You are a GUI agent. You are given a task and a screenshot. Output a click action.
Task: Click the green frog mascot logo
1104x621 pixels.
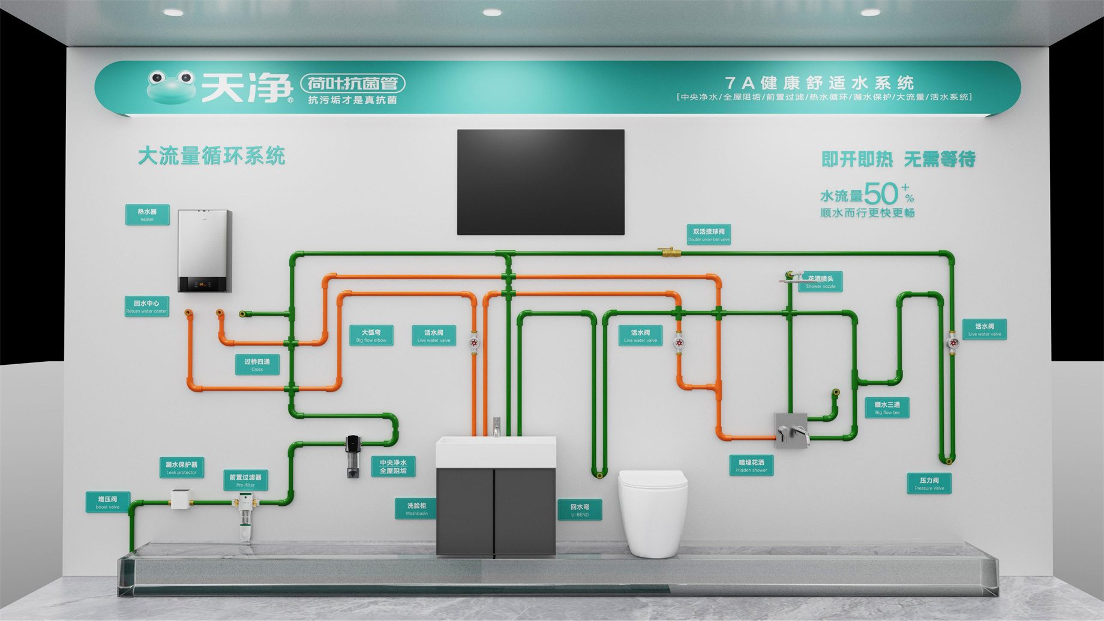click(171, 87)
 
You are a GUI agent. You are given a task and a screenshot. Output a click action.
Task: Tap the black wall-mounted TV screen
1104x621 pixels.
click(541, 182)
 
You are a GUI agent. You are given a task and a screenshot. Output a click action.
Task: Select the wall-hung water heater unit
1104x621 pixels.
click(205, 250)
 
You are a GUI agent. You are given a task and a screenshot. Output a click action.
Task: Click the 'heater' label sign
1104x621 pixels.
click(147, 215)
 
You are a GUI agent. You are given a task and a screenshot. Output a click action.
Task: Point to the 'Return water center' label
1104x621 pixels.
click(146, 307)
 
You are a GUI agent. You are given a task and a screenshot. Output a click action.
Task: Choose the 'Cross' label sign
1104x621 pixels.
click(257, 365)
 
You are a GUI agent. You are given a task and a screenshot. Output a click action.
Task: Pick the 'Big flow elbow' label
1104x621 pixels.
click(371, 335)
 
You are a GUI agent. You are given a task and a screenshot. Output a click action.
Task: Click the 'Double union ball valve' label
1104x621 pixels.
click(709, 235)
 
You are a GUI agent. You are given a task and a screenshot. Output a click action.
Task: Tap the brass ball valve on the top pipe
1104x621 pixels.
click(667, 253)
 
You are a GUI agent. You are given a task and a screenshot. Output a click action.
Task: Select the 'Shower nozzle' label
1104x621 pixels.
click(821, 282)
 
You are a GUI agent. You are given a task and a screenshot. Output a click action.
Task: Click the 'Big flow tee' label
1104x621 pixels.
click(887, 408)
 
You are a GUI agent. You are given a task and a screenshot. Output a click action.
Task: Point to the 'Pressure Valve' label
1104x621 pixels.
click(929, 484)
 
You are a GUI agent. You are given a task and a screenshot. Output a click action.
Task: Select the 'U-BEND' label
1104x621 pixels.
click(580, 510)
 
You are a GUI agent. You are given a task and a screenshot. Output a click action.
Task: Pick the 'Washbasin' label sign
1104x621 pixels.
click(416, 509)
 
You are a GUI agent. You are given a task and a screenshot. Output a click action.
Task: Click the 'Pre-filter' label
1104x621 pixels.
click(245, 481)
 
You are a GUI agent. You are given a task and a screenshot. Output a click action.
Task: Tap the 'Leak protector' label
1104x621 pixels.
click(181, 468)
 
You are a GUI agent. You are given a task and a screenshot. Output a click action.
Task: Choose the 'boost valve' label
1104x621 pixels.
click(108, 502)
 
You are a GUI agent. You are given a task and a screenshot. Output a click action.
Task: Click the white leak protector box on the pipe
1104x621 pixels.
click(181, 499)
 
